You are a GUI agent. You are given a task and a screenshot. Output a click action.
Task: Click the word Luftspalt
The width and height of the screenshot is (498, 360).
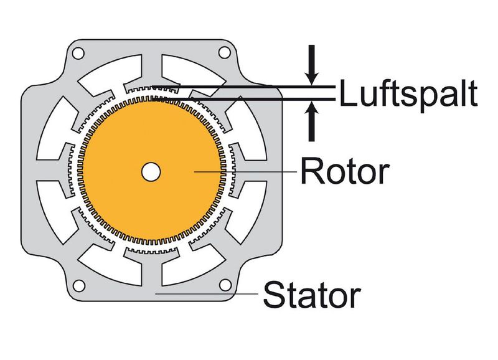click(x=408, y=95)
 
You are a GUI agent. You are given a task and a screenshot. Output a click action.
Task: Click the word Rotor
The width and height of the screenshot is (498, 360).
click(x=344, y=171)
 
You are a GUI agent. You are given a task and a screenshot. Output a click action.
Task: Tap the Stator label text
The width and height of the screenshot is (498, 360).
click(x=311, y=295)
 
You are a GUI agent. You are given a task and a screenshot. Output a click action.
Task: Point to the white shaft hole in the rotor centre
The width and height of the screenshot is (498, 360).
click(x=150, y=171)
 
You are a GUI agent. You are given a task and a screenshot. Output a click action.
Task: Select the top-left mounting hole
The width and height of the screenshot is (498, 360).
click(x=78, y=54)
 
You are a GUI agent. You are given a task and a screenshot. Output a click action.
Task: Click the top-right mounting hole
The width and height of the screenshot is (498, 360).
click(x=223, y=54)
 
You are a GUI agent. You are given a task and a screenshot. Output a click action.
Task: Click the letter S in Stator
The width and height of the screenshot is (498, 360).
click(x=274, y=295)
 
